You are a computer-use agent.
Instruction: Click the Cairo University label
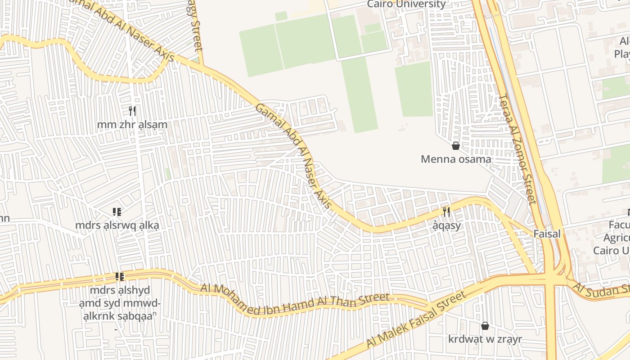tap(406, 4)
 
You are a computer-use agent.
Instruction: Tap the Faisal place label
tap(547, 234)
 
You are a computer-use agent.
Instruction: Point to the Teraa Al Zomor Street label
tap(518, 148)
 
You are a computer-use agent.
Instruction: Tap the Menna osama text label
tap(456, 159)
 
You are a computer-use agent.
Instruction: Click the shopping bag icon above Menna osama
tap(456, 146)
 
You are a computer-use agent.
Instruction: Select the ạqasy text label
tap(447, 225)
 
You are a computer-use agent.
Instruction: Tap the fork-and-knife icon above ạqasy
tap(446, 212)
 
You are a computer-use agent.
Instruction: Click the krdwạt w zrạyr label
tap(485, 339)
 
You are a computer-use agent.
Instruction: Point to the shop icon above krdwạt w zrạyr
tap(485, 326)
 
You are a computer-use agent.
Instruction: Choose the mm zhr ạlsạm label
tap(132, 125)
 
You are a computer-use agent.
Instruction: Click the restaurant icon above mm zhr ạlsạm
tap(132, 111)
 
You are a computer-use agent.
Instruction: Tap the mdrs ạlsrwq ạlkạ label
tap(117, 225)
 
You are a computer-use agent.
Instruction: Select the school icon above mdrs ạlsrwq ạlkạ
tap(117, 211)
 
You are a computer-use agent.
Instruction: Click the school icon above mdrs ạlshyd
tap(120, 276)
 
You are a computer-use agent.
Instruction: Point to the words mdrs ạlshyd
tap(120, 290)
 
